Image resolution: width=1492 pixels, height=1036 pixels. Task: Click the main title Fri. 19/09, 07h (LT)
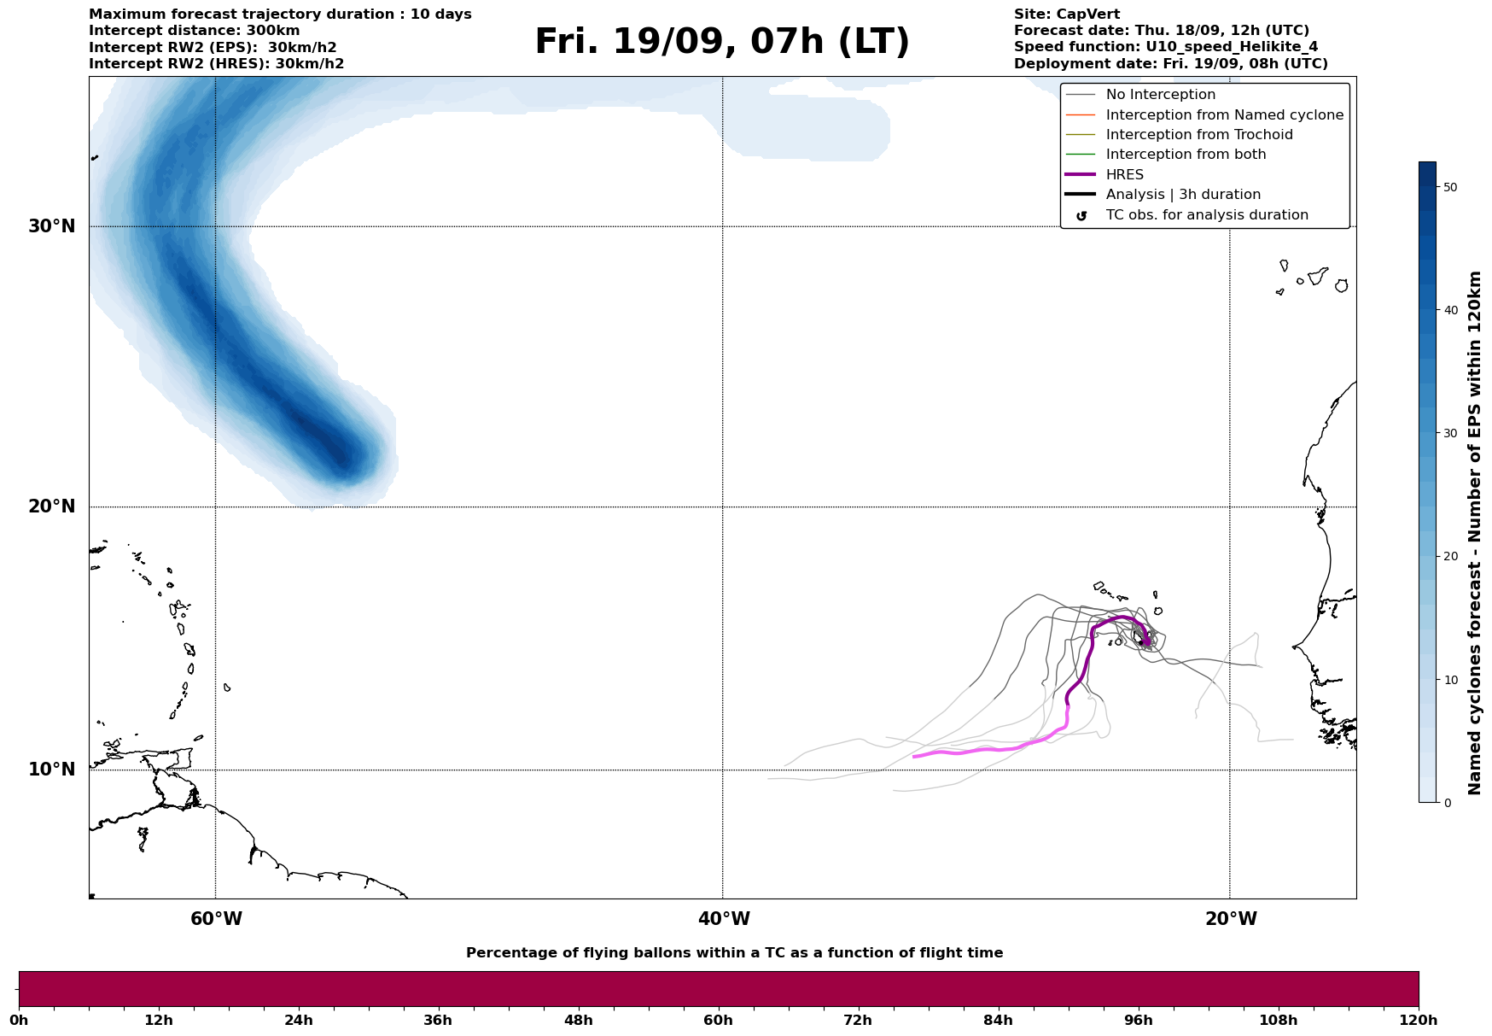pos(722,42)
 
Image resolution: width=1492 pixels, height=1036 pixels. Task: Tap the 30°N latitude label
pos(51,226)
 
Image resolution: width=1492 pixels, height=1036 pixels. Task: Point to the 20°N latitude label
pos(51,506)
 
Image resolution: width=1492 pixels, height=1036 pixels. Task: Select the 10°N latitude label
pos(51,770)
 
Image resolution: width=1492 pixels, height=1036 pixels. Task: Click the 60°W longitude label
pos(216,919)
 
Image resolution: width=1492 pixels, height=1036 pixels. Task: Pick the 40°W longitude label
pos(724,919)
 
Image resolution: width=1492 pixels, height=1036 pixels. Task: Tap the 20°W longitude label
pos(1231,919)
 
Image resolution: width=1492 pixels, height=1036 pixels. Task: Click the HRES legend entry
pos(1124,175)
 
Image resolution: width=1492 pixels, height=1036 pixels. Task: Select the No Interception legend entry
pos(1160,95)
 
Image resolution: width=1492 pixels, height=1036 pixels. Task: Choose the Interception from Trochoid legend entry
pos(1198,135)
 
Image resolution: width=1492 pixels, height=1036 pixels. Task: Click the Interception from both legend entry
pos(1186,155)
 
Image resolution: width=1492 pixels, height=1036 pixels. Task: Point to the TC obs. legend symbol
pos(1081,216)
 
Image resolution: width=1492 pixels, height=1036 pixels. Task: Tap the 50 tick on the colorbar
pos(1449,187)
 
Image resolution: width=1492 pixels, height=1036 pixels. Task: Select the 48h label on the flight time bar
pos(578,1021)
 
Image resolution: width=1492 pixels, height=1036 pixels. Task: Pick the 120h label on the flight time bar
pos(1419,1021)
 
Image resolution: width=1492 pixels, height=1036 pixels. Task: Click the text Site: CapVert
pos(1066,15)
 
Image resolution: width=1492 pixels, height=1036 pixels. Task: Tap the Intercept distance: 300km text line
pos(194,31)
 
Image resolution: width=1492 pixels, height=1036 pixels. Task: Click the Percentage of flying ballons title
pos(734,953)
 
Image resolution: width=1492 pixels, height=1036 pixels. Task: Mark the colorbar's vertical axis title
pos(1474,533)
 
